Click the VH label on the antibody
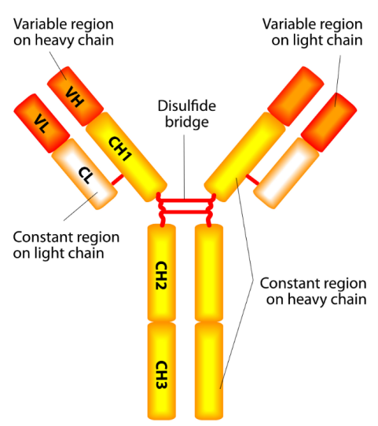[x=75, y=97]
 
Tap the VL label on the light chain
[x=42, y=123]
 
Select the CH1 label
[x=119, y=149]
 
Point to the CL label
[x=86, y=174]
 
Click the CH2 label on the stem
[x=161, y=275]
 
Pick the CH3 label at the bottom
[x=161, y=375]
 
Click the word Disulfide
[x=187, y=105]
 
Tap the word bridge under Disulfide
[x=187, y=122]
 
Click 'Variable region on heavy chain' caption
[x=64, y=32]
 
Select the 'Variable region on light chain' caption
[x=313, y=32]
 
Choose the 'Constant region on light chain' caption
[x=66, y=245]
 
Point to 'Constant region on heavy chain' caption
[x=313, y=292]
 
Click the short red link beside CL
[x=118, y=179]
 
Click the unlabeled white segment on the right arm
[x=286, y=173]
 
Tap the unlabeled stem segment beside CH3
[x=209, y=371]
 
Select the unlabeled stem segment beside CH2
[x=209, y=273]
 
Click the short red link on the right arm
[x=252, y=180]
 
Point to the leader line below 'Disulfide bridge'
[x=184, y=167]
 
